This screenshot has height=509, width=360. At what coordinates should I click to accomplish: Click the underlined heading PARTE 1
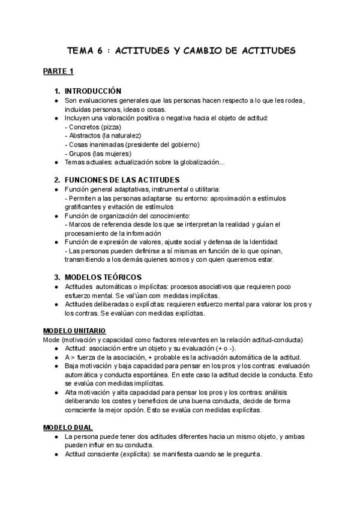tap(58, 72)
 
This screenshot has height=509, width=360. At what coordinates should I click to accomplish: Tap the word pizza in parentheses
tap(109, 127)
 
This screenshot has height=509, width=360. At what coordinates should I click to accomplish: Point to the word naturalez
tap(132, 136)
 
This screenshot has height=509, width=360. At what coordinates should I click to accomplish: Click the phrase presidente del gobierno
tap(162, 145)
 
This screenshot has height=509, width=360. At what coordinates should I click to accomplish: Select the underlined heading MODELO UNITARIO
tap(74, 331)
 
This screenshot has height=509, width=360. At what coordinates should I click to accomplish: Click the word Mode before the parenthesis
tap(52, 339)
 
